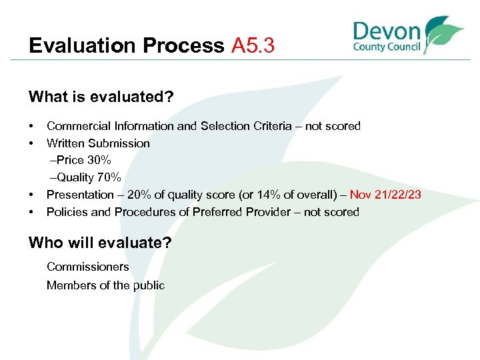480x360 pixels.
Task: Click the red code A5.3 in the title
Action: coord(253,46)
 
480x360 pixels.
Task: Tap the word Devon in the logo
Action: coord(387,31)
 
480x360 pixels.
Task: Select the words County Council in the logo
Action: coord(387,47)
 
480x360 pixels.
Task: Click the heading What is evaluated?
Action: coord(101,97)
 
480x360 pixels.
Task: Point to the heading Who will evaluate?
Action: coord(100,243)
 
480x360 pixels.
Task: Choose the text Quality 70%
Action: coord(89,177)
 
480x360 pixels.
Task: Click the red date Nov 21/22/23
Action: coord(385,195)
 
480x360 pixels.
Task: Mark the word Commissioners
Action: coord(88,267)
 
